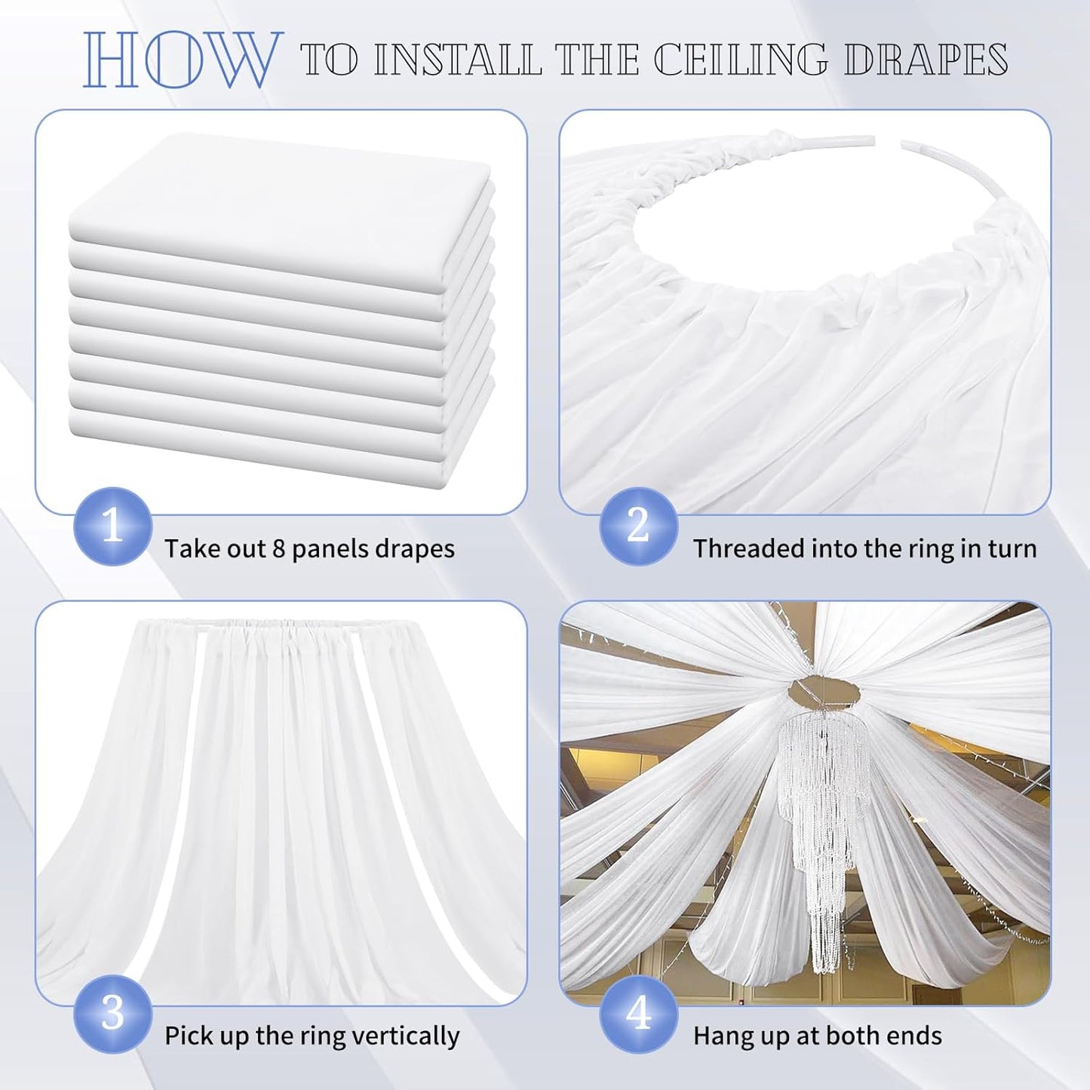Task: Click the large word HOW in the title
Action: coord(179,60)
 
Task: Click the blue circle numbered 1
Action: coord(112,526)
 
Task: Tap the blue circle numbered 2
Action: coord(638,526)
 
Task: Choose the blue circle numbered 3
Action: coord(112,1013)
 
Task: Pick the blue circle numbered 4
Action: coord(638,1013)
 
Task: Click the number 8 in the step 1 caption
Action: coord(278,548)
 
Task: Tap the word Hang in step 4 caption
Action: coord(720,1036)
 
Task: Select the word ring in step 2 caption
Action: coord(915,548)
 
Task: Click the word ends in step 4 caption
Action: coord(915,1036)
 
